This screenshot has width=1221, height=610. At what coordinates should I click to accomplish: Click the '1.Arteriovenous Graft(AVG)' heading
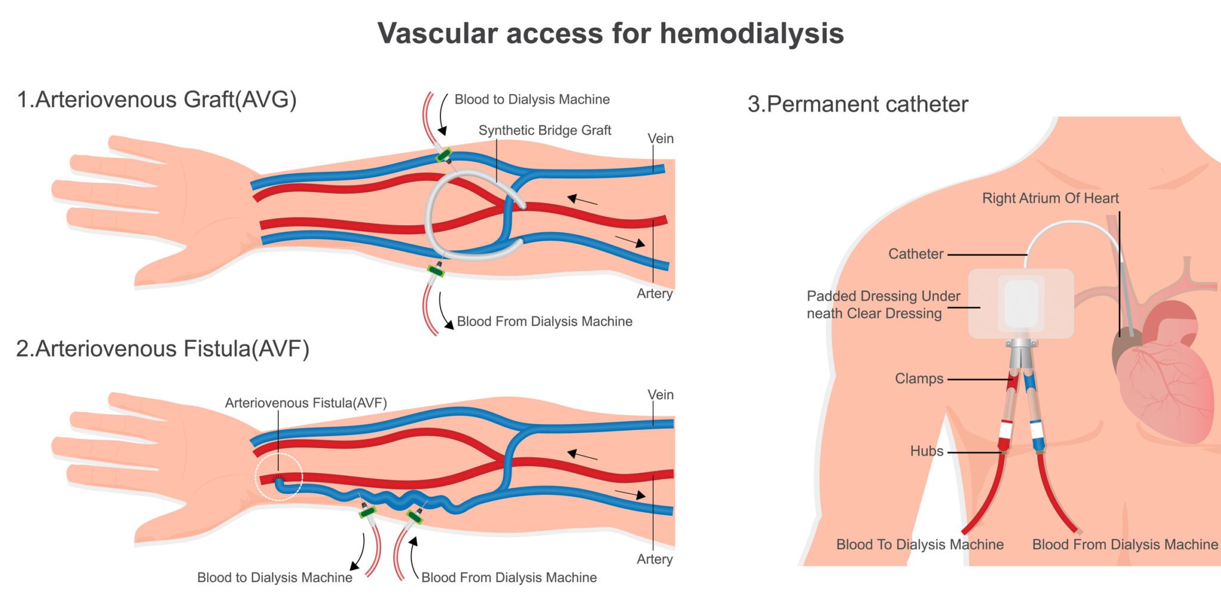(156, 99)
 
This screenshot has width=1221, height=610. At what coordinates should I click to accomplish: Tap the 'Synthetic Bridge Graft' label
(544, 130)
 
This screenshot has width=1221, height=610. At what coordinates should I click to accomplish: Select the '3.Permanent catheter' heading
(857, 104)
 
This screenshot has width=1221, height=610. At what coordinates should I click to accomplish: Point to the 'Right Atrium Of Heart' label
(1050, 198)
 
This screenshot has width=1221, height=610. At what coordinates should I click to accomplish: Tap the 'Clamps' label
(919, 379)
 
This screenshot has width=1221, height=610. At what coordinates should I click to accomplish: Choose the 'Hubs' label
(926, 452)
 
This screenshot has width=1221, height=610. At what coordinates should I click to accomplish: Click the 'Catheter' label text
(916, 254)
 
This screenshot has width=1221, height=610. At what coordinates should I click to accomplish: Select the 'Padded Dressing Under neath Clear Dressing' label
(882, 305)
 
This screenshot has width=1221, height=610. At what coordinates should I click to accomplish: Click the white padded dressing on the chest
(1021, 304)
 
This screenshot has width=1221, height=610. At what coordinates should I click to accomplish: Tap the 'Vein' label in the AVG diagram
(660, 139)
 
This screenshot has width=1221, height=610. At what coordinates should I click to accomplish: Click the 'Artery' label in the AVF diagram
(654, 559)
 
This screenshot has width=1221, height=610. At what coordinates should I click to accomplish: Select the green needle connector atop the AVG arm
(444, 156)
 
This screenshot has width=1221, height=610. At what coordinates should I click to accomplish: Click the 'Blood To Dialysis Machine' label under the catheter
(919, 544)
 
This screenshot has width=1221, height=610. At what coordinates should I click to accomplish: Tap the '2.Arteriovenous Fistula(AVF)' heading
(162, 349)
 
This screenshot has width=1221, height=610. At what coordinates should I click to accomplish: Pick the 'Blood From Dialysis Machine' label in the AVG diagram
(544, 322)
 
